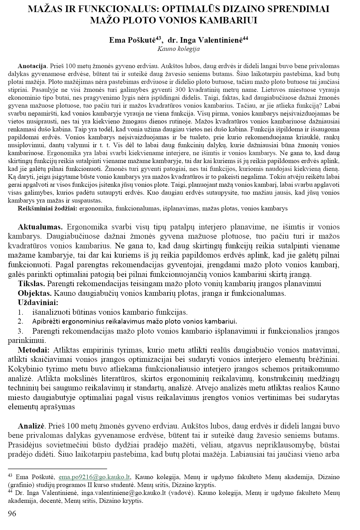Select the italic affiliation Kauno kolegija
click(x=178, y=49)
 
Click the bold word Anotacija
click(x=32, y=66)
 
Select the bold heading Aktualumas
click(x=40, y=227)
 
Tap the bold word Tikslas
click(x=31, y=284)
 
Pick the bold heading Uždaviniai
click(x=38, y=303)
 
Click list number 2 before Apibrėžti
click(x=21, y=322)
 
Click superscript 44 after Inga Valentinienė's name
click(x=245, y=38)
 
